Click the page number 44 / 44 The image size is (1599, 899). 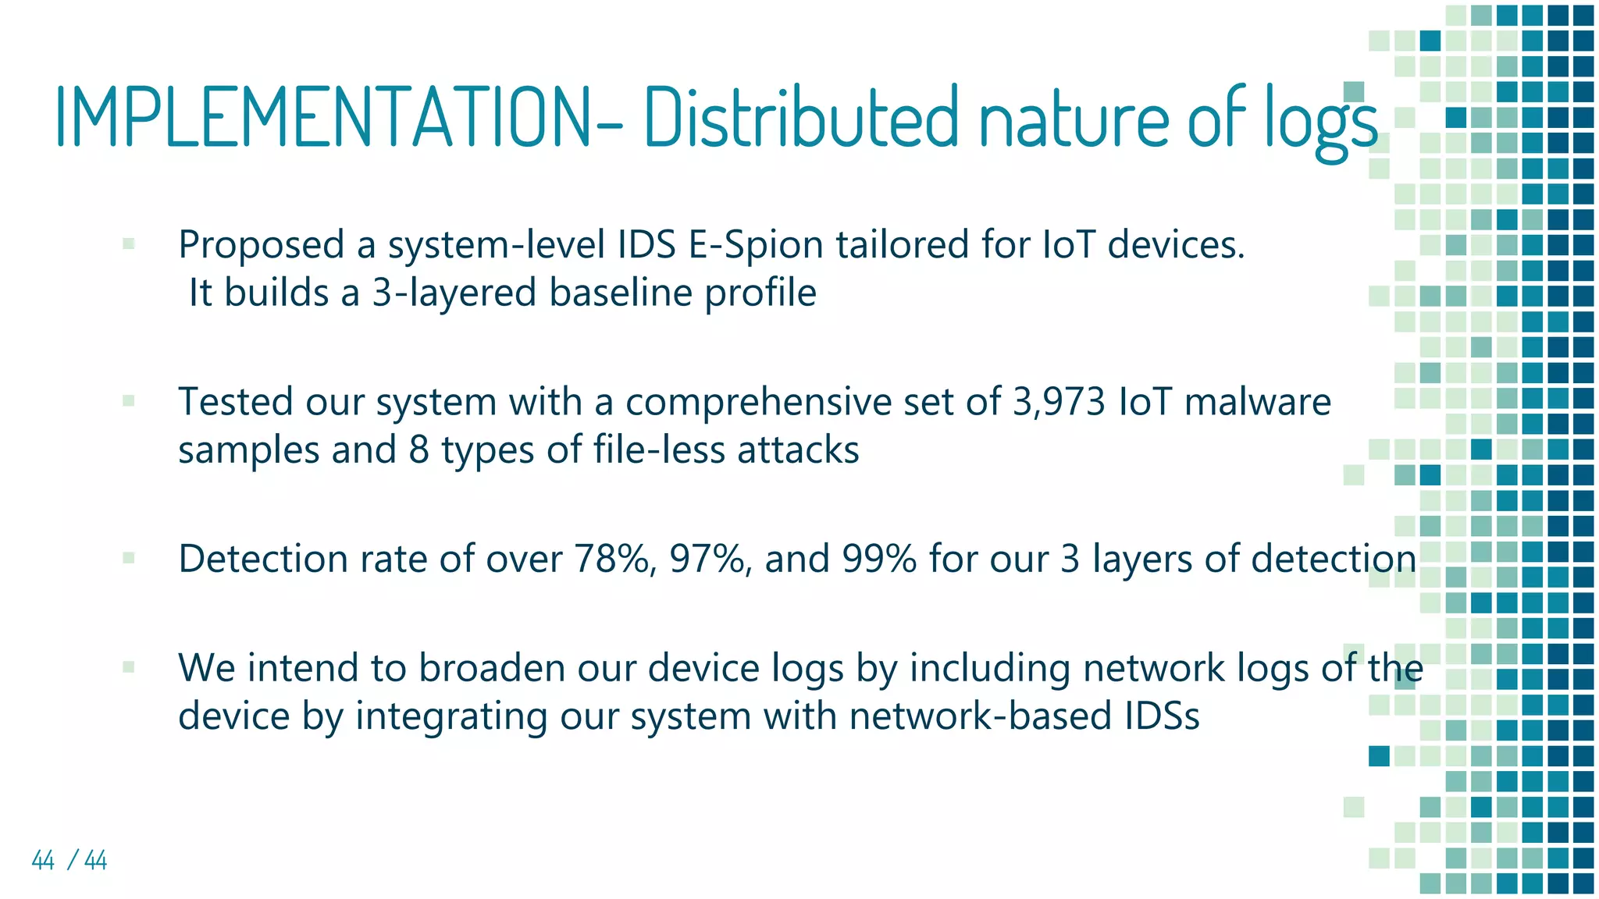coord(69,860)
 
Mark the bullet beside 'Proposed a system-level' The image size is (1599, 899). coord(129,244)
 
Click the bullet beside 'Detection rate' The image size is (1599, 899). coord(129,558)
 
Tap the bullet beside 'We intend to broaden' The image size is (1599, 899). coord(129,667)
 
